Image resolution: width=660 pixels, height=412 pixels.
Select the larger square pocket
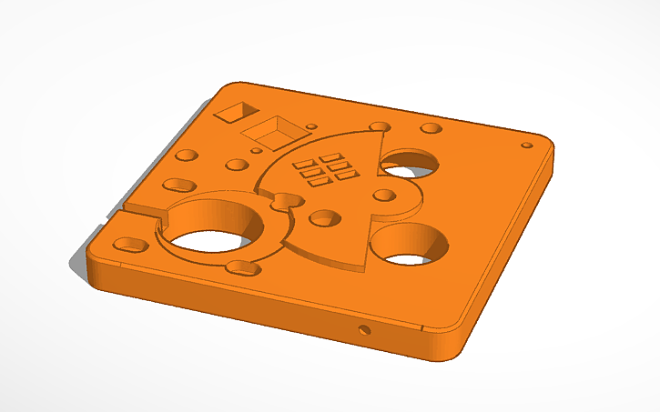271,132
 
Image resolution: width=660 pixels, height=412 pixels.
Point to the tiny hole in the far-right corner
526,145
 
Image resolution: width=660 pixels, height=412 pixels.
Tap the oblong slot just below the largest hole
242,266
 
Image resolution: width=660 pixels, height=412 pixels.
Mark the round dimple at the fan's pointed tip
379,127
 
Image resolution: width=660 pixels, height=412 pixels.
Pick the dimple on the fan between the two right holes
384,195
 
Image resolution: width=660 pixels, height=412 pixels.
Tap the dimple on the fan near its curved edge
322,218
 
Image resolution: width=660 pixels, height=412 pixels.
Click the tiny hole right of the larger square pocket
310,126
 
